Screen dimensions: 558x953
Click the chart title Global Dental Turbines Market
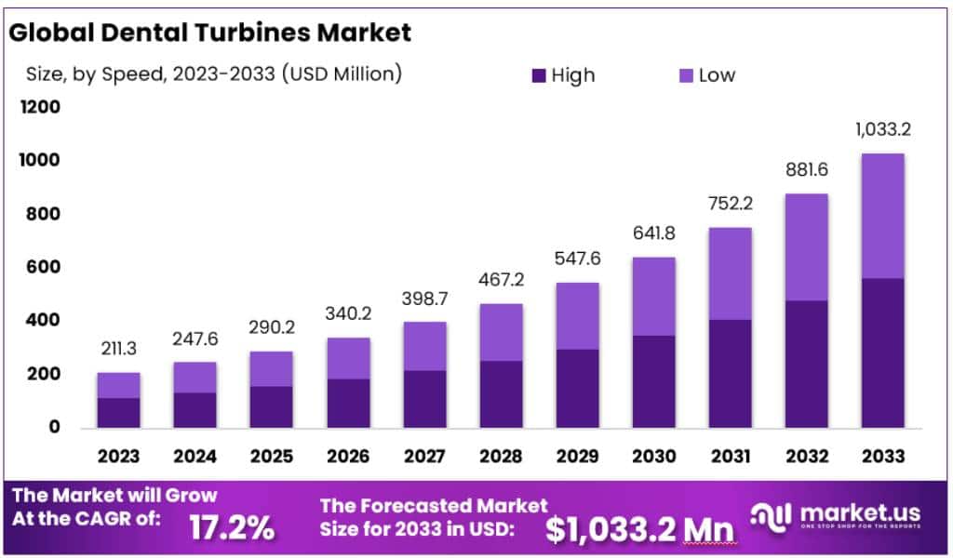point(208,33)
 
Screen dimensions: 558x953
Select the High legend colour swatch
point(539,75)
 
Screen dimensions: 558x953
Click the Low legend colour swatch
point(685,75)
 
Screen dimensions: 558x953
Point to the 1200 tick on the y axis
point(40,107)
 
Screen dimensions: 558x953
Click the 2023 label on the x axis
point(118,456)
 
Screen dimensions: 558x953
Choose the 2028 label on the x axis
point(501,456)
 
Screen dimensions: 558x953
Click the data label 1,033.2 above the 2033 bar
point(881,129)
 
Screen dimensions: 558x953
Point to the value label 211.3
point(118,350)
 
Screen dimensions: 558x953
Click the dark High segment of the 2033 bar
point(881,352)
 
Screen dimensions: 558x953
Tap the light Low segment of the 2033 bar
point(881,216)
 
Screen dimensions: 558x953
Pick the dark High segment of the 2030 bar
point(653,381)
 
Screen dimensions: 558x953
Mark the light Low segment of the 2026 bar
point(348,358)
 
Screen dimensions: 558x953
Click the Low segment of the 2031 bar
point(730,273)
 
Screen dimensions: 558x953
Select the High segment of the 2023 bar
point(118,413)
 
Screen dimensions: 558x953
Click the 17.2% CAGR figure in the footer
point(232,527)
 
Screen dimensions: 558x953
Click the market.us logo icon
point(773,515)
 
